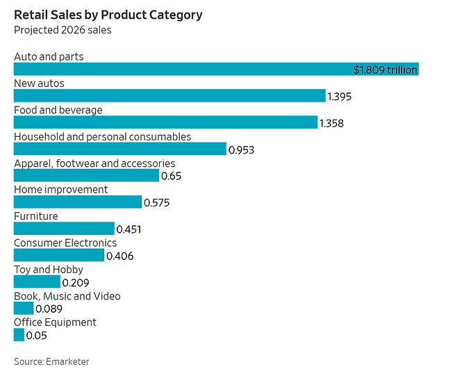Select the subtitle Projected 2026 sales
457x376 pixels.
tap(63, 30)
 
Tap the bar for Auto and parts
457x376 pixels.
tap(181, 70)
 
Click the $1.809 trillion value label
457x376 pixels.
tap(385, 70)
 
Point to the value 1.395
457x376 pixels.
tap(340, 97)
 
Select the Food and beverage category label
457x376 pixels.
tap(58, 110)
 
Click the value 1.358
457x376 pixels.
tap(331, 123)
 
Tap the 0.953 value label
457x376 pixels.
tap(242, 149)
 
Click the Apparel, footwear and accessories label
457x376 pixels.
tap(94, 163)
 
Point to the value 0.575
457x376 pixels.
tap(156, 203)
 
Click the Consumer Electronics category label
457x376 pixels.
tap(65, 243)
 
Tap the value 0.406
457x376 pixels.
tap(119, 256)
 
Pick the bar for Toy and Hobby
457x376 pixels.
tap(37, 282)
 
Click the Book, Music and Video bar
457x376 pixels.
tap(24, 309)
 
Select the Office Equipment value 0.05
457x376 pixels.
tap(36, 336)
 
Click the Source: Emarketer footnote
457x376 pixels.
tap(51, 361)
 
